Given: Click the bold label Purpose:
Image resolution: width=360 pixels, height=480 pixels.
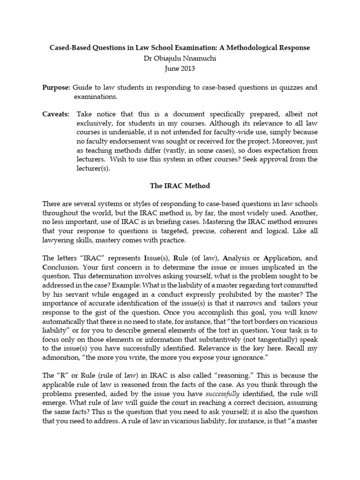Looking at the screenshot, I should (56, 87).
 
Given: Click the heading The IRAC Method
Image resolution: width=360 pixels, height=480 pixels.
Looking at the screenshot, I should (180, 186).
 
